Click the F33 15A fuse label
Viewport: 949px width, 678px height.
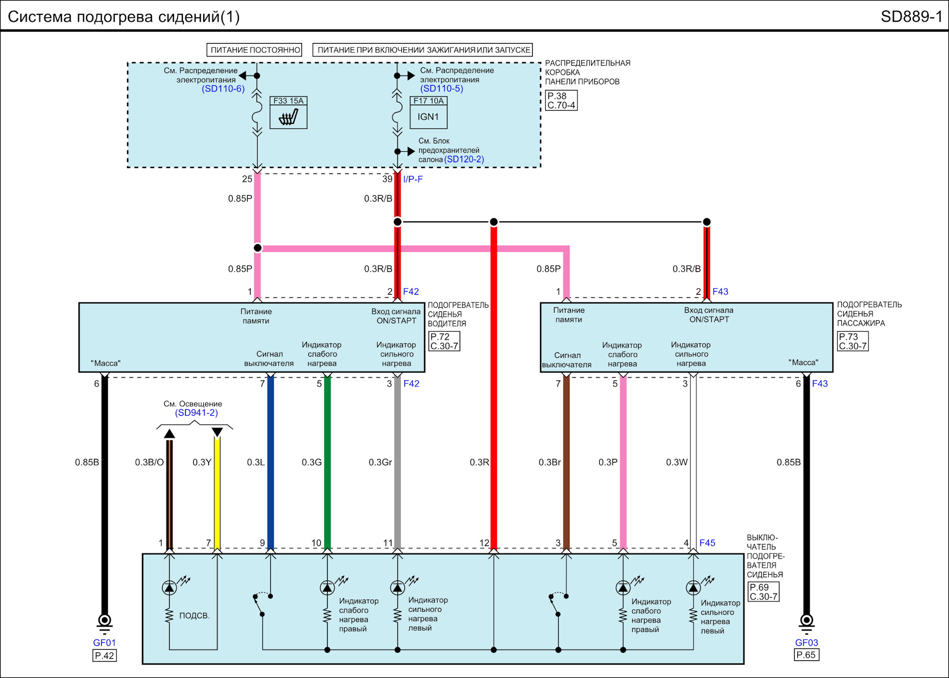click(x=288, y=101)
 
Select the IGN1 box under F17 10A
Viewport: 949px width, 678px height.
click(x=429, y=117)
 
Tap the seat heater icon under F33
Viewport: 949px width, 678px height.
click(x=288, y=117)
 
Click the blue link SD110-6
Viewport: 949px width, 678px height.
click(x=223, y=89)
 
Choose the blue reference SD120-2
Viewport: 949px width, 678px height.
click(x=464, y=160)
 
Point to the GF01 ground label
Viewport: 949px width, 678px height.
click(x=104, y=643)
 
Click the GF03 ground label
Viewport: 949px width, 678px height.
click(x=807, y=643)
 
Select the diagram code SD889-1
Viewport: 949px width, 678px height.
click(x=911, y=17)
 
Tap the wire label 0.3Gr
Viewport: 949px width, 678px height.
click(x=380, y=463)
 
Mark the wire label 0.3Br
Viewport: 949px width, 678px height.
click(x=550, y=463)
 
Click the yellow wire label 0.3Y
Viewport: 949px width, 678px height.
click(x=202, y=463)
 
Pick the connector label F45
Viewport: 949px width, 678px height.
click(x=707, y=543)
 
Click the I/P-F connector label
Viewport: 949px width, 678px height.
click(x=413, y=179)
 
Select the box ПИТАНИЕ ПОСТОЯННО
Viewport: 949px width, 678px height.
click(x=254, y=50)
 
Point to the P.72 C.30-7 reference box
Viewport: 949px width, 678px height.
click(x=444, y=341)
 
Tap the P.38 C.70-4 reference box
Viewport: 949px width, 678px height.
click(x=561, y=101)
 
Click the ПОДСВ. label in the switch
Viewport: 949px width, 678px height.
click(x=194, y=616)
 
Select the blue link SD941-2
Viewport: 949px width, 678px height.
click(x=196, y=413)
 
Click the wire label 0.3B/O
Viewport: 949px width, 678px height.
click(x=149, y=463)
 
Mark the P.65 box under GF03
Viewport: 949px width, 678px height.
click(x=806, y=655)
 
